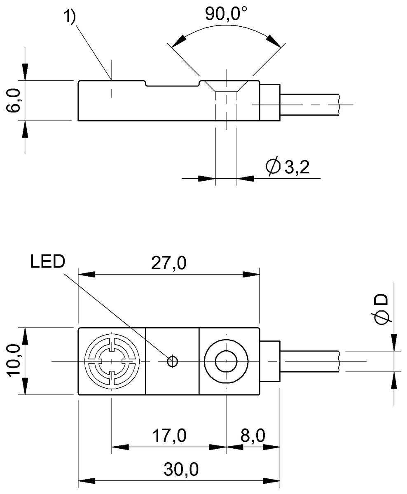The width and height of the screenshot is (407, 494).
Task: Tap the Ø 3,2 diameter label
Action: pos(288,167)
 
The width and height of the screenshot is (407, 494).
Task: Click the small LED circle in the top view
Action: pos(172,361)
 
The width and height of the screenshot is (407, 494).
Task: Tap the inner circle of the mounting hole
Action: pos(226,361)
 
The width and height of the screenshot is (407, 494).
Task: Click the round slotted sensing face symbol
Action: pos(111,361)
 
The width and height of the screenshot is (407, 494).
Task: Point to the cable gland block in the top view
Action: pos(270,361)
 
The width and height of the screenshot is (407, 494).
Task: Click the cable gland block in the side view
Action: pos(270,103)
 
